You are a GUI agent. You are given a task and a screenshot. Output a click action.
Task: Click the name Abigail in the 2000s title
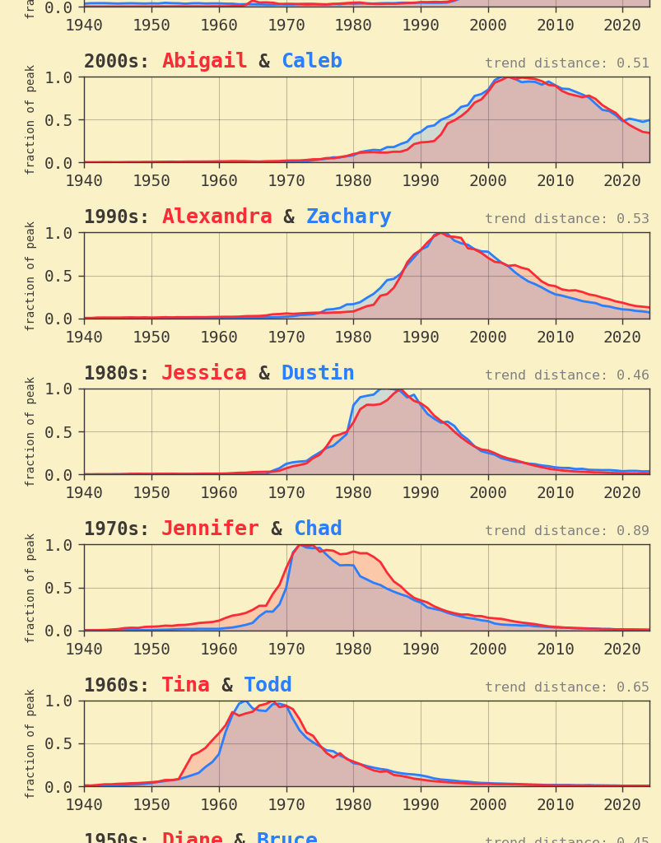pos(204,62)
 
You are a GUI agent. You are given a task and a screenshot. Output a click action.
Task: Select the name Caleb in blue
pos(311,62)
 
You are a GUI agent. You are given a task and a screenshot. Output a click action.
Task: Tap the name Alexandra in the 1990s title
pos(216,217)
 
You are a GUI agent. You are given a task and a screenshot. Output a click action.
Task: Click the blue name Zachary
pos(348,217)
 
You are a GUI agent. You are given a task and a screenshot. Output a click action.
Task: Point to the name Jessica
pos(203,374)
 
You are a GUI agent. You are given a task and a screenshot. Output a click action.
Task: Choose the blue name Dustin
pos(318,374)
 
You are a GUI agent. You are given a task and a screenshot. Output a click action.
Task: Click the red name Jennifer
pos(210,529)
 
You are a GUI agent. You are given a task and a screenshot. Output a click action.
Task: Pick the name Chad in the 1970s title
pos(318,529)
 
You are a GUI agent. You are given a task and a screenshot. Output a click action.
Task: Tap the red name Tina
pos(185,686)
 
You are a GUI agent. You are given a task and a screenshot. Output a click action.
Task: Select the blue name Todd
pos(268,686)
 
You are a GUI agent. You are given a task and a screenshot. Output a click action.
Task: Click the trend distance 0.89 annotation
pos(566,531)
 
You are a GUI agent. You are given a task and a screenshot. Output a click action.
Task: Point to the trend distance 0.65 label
pos(566,687)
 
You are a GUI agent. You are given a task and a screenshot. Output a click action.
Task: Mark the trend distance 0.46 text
pos(566,375)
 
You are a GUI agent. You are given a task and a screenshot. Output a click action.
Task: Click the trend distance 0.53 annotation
pos(566,219)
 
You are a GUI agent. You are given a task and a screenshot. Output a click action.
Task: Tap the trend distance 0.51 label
pos(566,63)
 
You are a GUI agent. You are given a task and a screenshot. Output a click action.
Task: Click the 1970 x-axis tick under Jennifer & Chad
pos(286,649)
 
